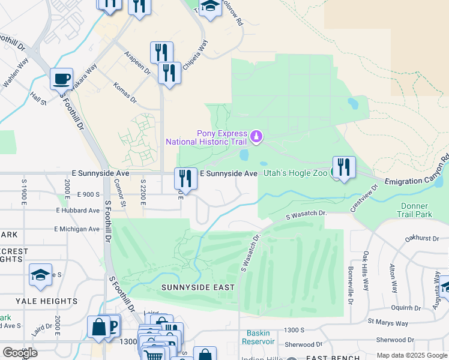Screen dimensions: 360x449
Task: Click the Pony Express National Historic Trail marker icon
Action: pos(256,137)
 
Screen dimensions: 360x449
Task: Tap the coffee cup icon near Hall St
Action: pos(61,79)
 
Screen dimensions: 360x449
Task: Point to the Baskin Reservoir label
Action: pos(258,337)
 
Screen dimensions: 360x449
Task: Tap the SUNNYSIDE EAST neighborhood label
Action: pos(197,287)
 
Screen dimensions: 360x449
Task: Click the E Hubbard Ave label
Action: pos(77,211)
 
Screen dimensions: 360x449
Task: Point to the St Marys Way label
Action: pos(388,323)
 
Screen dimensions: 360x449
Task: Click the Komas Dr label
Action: pos(125,93)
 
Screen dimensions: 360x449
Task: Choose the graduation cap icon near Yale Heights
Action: pos(40,275)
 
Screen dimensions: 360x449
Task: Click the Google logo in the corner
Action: pos(20,353)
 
